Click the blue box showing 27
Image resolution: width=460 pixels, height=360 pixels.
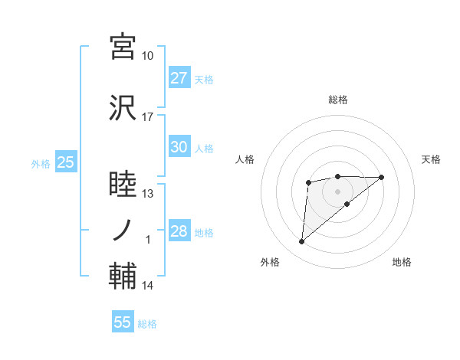179,78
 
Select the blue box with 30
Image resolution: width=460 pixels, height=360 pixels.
179,147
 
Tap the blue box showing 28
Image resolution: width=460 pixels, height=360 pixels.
179,232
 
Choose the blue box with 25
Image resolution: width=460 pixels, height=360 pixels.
64,162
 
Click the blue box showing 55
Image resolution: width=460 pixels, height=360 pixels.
123,322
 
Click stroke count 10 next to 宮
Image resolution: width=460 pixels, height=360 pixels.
147,57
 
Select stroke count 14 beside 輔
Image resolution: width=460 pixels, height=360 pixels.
147,286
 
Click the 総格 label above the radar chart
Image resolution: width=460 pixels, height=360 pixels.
337,100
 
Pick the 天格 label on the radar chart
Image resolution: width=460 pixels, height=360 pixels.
432,159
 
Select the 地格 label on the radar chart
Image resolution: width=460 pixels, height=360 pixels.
402,263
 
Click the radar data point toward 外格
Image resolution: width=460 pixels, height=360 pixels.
301,242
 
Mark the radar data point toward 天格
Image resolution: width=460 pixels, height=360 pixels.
382,177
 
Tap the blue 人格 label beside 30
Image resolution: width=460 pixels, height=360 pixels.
204,148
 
